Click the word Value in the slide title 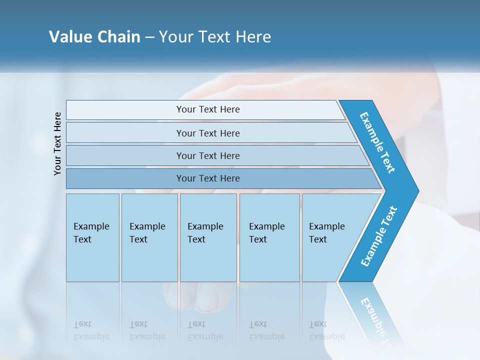pyautogui.click(x=70, y=37)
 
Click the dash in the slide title pyautogui.click(x=149, y=37)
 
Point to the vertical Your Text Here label pyautogui.click(x=57, y=143)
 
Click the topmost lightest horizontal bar pyautogui.click(x=207, y=109)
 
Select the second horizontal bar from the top pyautogui.click(x=207, y=133)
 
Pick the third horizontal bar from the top pyautogui.click(x=207, y=155)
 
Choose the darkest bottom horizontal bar pyautogui.click(x=207, y=178)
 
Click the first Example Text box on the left pyautogui.click(x=92, y=237)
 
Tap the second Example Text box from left pyautogui.click(x=149, y=237)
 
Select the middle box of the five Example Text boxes pyautogui.click(x=208, y=237)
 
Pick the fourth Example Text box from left pyautogui.click(x=269, y=237)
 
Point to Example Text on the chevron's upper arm pyautogui.click(x=377, y=142)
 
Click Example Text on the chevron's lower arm pyautogui.click(x=378, y=236)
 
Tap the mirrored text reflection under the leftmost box pyautogui.click(x=91, y=330)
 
